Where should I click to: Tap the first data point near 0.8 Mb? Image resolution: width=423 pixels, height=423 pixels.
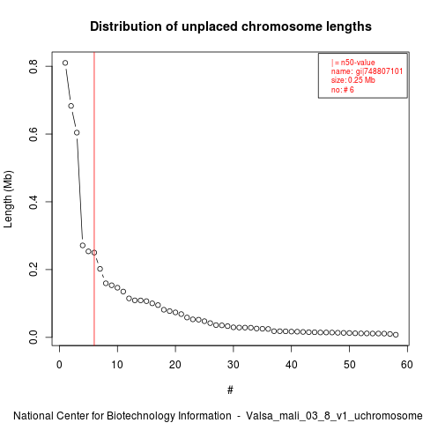click(x=65, y=63)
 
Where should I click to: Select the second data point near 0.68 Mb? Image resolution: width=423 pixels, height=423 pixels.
click(x=71, y=106)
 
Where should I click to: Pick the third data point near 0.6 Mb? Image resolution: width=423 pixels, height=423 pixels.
click(x=77, y=132)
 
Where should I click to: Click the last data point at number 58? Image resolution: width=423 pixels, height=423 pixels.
click(x=396, y=335)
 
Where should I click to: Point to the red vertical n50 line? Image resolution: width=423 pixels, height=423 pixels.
click(x=94, y=198)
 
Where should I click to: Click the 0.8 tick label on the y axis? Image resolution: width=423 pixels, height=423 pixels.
click(x=33, y=66)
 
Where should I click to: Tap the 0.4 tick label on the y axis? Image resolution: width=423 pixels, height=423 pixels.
click(x=33, y=202)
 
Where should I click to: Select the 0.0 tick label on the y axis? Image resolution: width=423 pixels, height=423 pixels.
click(x=33, y=337)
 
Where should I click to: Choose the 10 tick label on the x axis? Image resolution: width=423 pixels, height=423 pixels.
click(x=117, y=365)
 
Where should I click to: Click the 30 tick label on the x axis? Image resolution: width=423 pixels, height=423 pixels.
click(x=234, y=365)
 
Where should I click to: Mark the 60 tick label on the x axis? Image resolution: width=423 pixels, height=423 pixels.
click(x=407, y=365)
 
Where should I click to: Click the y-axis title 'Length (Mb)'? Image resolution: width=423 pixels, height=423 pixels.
click(x=9, y=199)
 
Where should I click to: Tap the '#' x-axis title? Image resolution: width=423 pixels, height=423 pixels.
click(x=230, y=390)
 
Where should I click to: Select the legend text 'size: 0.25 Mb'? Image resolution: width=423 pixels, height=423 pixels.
click(x=353, y=80)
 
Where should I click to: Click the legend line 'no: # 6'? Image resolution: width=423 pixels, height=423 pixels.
click(x=343, y=89)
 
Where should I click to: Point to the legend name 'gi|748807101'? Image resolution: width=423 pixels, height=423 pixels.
click(x=379, y=71)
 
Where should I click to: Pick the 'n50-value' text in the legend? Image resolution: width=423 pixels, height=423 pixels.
click(x=358, y=63)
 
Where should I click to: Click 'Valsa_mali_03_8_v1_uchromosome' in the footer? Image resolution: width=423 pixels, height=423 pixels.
click(x=334, y=416)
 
